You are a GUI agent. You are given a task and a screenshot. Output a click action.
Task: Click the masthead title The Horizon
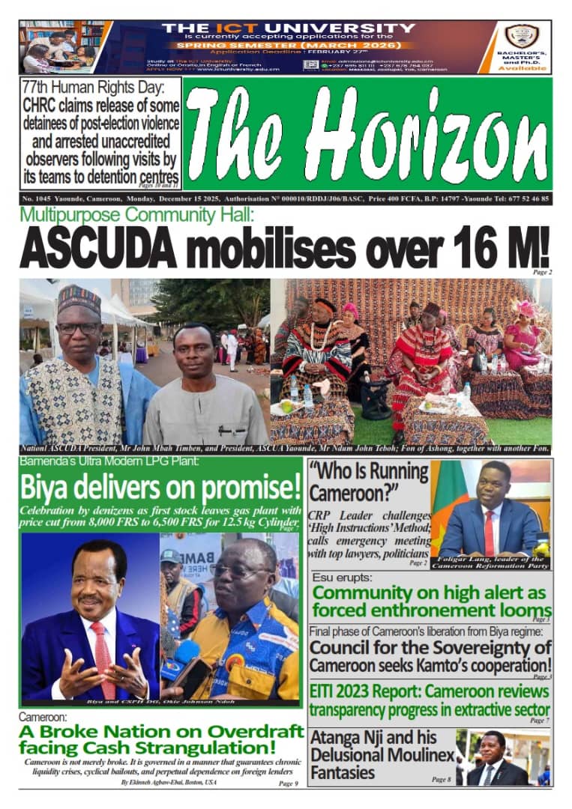coord(367,133)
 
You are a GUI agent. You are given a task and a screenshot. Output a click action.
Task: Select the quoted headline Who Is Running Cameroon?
coord(368,482)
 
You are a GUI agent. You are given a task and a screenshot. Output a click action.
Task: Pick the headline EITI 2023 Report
coord(430,700)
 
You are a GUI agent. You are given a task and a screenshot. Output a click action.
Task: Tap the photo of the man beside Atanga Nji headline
coord(502,757)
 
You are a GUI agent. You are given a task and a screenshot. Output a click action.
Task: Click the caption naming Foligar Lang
coord(490,562)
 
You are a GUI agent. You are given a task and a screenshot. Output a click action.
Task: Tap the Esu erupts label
coord(339,578)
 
